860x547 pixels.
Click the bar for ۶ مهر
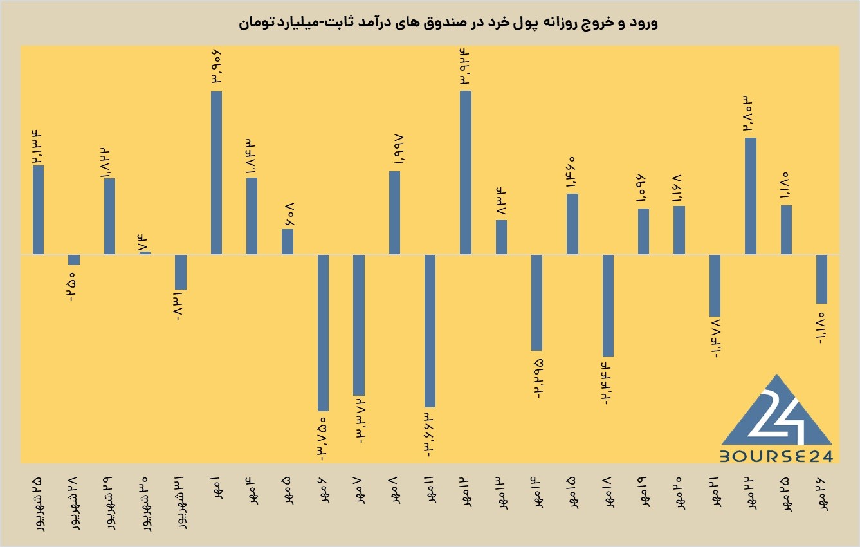[323, 333]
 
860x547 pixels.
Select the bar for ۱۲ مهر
[465, 172]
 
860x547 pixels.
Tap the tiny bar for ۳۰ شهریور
[145, 253]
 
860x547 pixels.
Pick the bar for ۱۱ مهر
[430, 331]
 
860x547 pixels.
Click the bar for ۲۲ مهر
[751, 196]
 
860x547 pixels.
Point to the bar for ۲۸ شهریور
[74, 260]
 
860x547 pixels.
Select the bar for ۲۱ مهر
[715, 286]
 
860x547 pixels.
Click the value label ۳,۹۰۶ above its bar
[215, 66]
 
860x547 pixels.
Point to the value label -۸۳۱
[179, 306]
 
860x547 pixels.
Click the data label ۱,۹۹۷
[398, 150]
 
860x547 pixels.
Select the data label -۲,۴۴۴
[607, 384]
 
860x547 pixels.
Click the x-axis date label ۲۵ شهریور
[38, 504]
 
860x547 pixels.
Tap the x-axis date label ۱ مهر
[216, 488]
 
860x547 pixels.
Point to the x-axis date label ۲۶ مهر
[821, 494]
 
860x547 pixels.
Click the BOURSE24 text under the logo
[776, 456]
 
